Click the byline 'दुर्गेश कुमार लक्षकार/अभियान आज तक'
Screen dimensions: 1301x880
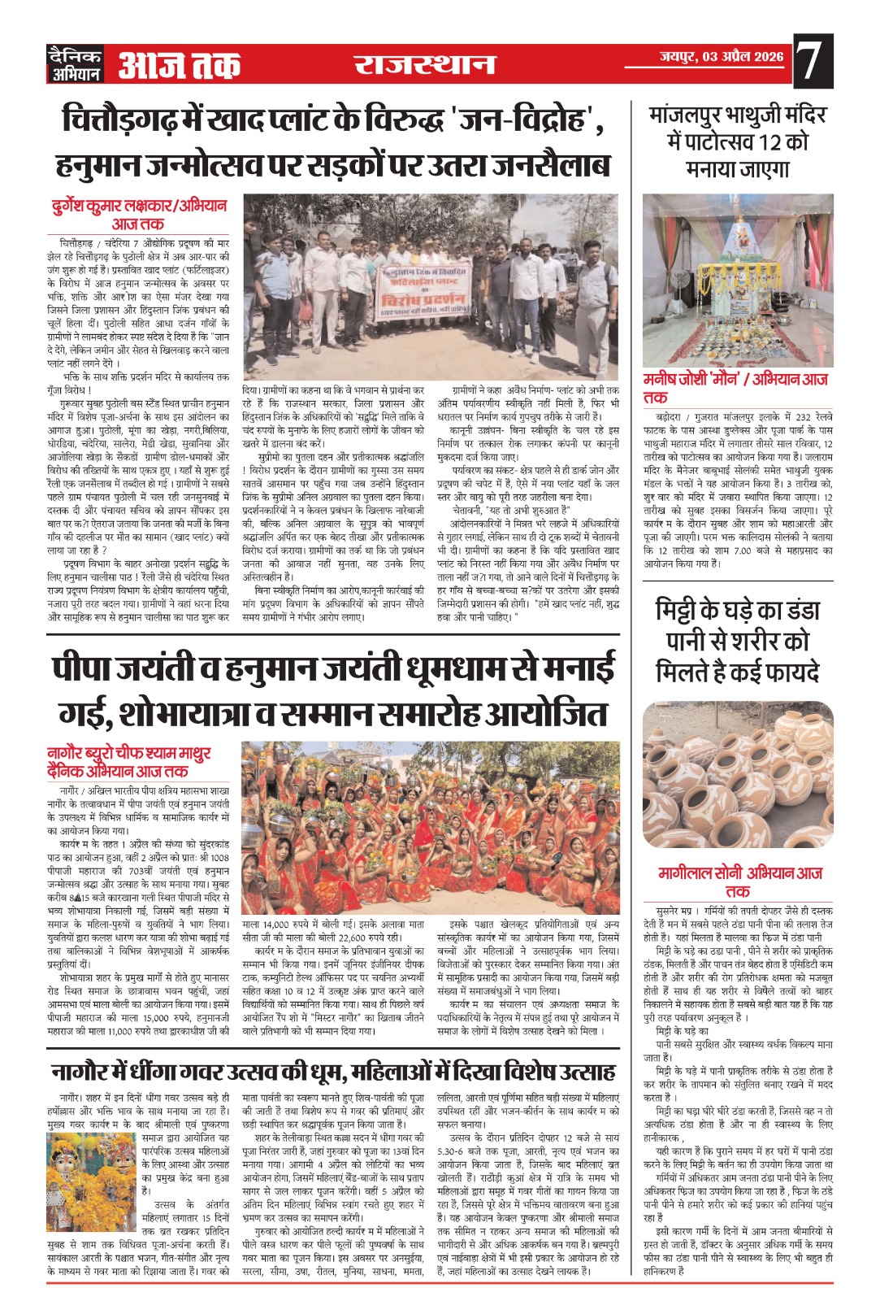137,214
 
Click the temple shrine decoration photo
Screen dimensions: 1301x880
738,280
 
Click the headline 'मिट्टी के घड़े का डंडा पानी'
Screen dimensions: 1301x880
738,641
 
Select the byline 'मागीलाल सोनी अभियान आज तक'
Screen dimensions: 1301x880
739,881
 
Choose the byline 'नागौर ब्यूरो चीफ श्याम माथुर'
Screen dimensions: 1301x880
129,762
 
